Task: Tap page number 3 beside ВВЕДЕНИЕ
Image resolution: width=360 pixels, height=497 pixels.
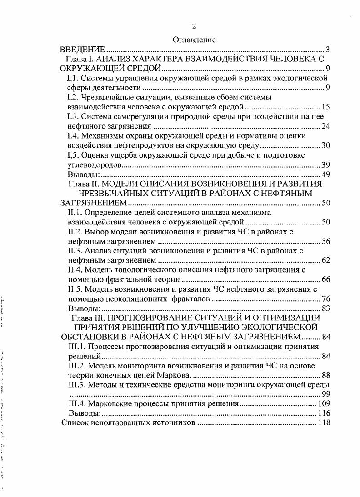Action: click(x=328, y=50)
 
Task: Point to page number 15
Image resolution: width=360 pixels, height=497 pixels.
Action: click(x=325, y=107)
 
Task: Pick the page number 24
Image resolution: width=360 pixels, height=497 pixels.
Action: click(x=325, y=126)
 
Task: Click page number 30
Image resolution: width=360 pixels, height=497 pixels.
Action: click(x=325, y=145)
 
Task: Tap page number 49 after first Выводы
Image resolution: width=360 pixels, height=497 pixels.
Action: click(x=325, y=174)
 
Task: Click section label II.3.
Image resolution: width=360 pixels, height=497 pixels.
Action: click(x=75, y=251)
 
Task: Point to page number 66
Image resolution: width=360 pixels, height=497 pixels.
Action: click(x=325, y=279)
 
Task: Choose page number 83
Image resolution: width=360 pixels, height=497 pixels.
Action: click(x=325, y=308)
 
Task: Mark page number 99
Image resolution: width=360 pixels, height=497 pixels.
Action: click(x=325, y=393)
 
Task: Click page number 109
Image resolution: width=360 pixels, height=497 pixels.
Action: click(x=324, y=403)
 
